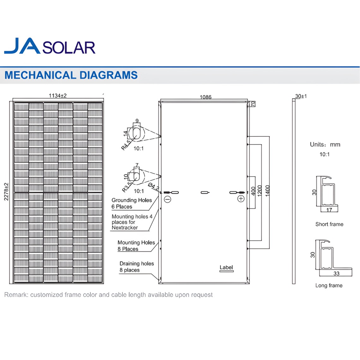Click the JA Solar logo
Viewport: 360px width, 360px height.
[x=50, y=46]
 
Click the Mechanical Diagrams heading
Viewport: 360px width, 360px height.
[x=71, y=75]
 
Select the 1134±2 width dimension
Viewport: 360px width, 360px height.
[x=57, y=96]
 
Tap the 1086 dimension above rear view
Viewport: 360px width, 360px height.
[x=205, y=97]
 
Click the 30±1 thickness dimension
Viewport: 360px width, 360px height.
[x=301, y=96]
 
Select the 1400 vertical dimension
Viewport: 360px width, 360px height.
[x=267, y=191]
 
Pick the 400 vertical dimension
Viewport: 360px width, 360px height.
[x=253, y=191]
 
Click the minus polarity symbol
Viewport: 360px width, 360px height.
[x=168, y=199]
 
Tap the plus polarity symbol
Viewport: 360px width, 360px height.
[x=241, y=199]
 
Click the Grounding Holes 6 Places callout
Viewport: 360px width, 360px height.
[x=131, y=203]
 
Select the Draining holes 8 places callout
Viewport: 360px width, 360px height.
[x=136, y=267]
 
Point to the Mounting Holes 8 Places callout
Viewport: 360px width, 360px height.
[x=136, y=246]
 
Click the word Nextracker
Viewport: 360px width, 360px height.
[x=125, y=228]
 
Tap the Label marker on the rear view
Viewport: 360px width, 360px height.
[x=226, y=267]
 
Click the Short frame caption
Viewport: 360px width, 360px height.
[x=329, y=224]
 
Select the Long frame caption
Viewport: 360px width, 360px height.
[x=329, y=285]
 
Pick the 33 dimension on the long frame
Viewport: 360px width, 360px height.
[x=336, y=273]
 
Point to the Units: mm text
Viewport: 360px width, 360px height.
[x=325, y=145]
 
